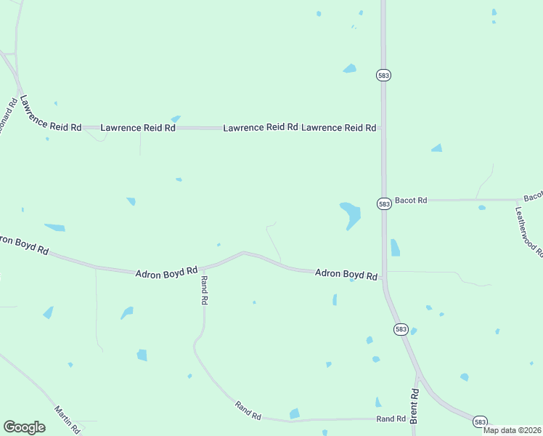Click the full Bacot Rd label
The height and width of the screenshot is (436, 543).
click(411, 199)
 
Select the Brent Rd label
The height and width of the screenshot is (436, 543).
click(415, 406)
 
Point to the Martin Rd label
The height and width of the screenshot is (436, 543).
click(66, 419)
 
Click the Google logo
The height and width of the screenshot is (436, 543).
click(24, 427)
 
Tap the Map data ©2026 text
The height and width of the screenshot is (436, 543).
click(513, 430)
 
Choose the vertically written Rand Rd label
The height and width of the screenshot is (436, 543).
click(205, 290)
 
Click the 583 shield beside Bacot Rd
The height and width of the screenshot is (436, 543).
click(384, 204)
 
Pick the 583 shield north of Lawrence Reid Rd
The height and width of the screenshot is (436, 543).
click(383, 75)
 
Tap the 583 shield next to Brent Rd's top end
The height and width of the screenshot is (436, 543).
click(401, 329)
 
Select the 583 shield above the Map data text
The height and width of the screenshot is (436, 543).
click(480, 421)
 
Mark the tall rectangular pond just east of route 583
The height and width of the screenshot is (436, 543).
click(395, 248)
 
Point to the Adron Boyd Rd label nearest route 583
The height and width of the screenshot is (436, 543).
click(346, 275)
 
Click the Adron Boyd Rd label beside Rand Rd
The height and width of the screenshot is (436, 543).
click(166, 272)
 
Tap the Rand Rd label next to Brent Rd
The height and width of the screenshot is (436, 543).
click(391, 419)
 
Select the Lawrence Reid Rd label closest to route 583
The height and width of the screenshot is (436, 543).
click(338, 128)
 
